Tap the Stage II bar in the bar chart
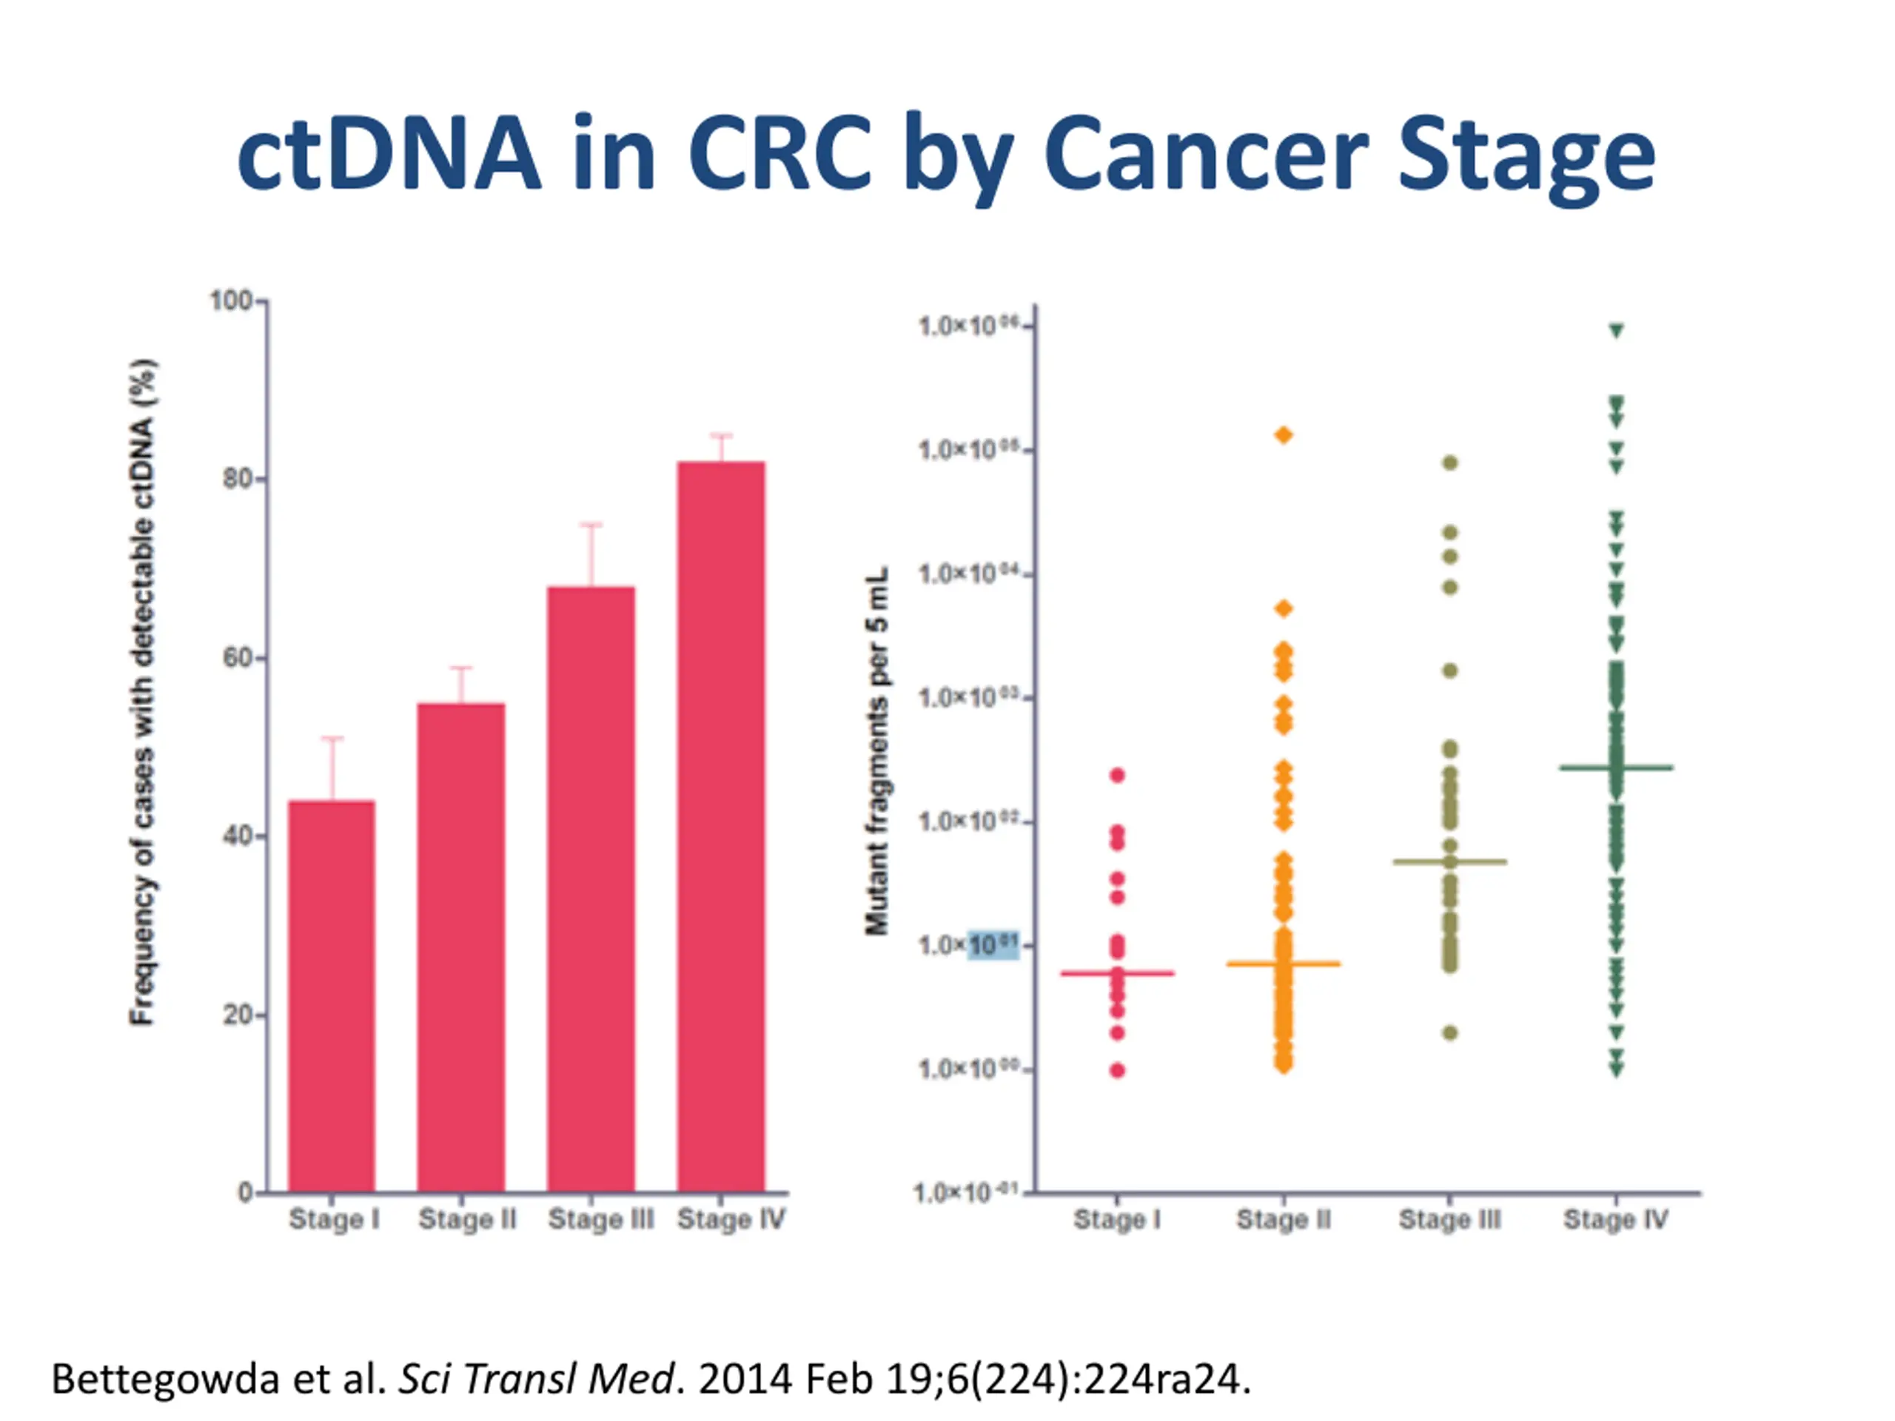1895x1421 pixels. (x=461, y=947)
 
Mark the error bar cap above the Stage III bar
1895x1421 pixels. (x=591, y=524)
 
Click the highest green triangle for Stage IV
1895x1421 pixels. (x=1617, y=331)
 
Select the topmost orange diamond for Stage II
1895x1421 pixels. (x=1284, y=435)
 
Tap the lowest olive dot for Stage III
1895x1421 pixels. (x=1449, y=1033)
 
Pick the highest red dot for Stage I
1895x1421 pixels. (x=1117, y=775)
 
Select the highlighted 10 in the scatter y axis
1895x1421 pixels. (x=993, y=945)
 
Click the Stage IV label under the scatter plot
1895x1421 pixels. (x=1616, y=1219)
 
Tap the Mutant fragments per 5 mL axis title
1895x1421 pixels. (x=877, y=750)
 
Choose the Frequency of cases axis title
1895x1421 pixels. (x=142, y=692)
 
